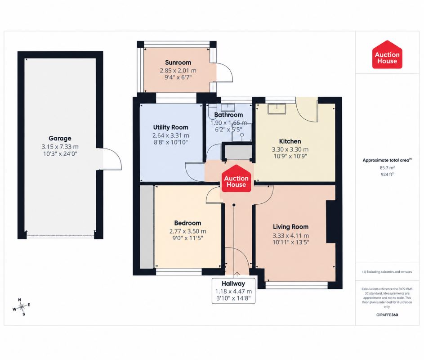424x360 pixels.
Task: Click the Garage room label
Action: click(x=60, y=138)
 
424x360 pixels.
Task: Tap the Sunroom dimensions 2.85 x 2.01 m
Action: click(x=178, y=71)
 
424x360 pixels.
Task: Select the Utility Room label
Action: click(x=170, y=127)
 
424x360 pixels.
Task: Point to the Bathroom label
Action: click(x=228, y=115)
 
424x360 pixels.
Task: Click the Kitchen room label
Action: click(x=290, y=141)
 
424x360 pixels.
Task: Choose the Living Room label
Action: click(x=291, y=227)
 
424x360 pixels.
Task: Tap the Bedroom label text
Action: click(x=187, y=223)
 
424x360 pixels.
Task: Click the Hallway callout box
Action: click(x=233, y=291)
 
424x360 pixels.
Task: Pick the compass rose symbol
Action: click(x=22, y=307)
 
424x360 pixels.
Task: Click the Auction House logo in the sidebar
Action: click(x=387, y=55)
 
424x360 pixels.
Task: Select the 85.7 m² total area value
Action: click(x=387, y=167)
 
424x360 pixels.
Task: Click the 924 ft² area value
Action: click(x=387, y=175)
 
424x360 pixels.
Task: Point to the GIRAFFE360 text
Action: click(x=387, y=315)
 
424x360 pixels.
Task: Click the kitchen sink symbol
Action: click(x=277, y=109)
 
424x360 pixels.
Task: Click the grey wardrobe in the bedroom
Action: click(x=147, y=227)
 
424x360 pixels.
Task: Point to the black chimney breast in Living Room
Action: click(x=331, y=222)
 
